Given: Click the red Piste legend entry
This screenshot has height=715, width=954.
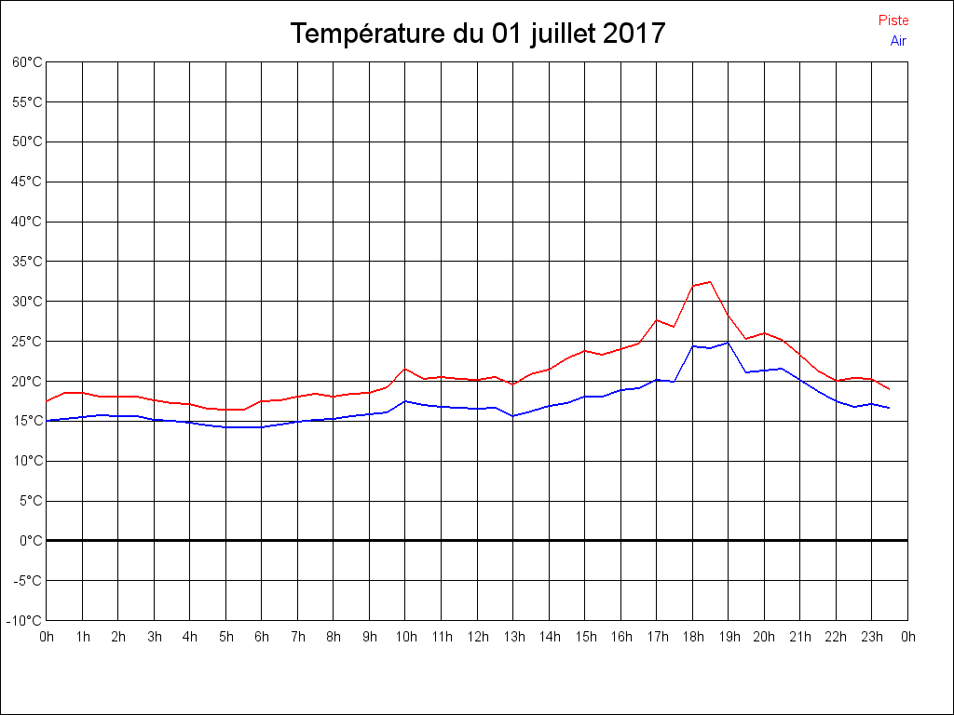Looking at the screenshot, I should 893,20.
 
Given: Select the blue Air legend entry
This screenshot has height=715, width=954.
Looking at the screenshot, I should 898,41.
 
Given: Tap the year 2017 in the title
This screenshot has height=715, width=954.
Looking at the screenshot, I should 634,34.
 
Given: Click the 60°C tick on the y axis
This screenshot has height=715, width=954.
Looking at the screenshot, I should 27,62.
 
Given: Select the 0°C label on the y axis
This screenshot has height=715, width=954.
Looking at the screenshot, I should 31,541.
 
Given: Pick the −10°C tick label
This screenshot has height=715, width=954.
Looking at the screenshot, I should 25,621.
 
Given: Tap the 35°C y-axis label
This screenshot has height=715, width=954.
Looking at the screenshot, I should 27,262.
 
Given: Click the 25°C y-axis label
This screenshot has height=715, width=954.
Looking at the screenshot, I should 27,342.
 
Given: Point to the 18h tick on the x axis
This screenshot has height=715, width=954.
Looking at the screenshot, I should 692,637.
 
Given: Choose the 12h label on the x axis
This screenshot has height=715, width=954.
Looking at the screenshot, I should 477,637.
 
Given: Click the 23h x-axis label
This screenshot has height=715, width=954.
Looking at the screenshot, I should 871,637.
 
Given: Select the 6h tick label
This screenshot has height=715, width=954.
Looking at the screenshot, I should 262,637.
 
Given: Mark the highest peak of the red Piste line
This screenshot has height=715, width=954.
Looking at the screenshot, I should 710,281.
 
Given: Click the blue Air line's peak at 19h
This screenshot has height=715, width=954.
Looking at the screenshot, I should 728,343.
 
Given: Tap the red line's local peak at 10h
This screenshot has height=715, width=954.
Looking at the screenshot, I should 405,369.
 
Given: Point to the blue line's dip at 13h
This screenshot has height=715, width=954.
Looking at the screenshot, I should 513,416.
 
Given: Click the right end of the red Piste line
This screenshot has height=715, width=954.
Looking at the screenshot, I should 890,389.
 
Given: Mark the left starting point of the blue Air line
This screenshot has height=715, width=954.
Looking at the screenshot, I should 47,421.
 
